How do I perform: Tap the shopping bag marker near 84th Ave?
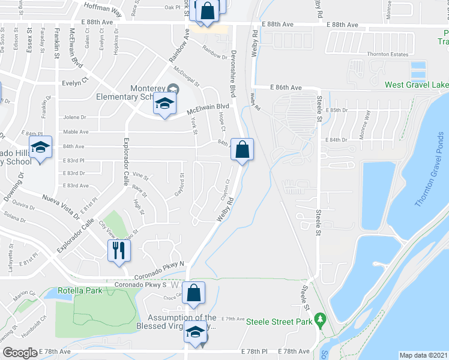point(241,150)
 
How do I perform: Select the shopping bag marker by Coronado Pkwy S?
point(194,293)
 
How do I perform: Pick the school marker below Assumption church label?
point(195,332)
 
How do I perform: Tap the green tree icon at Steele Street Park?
point(321,317)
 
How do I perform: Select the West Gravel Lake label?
point(417,85)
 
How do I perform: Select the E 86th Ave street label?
point(286,88)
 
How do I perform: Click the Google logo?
point(20,353)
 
